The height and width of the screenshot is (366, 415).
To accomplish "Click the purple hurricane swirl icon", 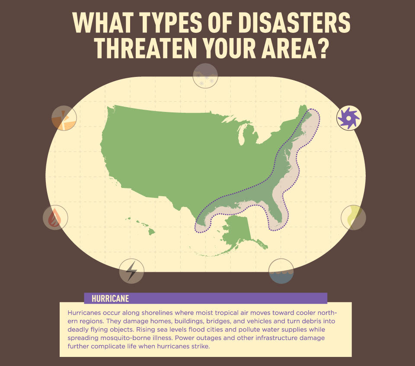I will click(x=349, y=118).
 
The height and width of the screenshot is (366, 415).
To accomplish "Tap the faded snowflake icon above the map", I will click(x=205, y=76).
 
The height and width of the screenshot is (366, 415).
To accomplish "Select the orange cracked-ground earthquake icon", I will click(x=64, y=118).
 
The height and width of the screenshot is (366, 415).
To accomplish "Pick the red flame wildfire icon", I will click(x=55, y=217).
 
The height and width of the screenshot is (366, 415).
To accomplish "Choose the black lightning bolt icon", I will click(x=131, y=271).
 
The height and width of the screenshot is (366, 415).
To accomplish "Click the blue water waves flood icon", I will click(x=281, y=271).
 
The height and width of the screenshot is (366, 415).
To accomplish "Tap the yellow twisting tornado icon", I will click(x=353, y=217).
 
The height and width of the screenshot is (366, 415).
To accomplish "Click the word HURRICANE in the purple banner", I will click(x=110, y=298).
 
